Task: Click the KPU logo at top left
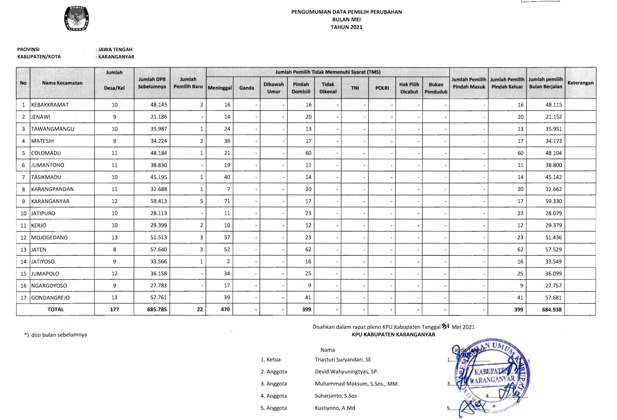pos(76,19)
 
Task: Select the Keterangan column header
pos(580,83)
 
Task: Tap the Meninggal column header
pos(220,88)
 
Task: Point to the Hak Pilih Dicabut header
pos(409,88)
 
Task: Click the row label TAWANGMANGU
pos(53,129)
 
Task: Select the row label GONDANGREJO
pos(50,297)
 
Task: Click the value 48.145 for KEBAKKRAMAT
pos(159,105)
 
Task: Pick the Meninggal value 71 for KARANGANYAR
pos(227,201)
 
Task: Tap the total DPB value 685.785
pos(157,309)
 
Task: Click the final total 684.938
pos(551,309)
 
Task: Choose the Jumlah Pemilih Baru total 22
pos(200,309)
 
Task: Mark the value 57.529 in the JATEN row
pos(553,250)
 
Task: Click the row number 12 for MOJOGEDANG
pos(23,238)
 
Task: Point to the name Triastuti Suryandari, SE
pos(343,360)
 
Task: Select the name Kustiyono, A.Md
pos(335,408)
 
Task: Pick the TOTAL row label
pos(55,309)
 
